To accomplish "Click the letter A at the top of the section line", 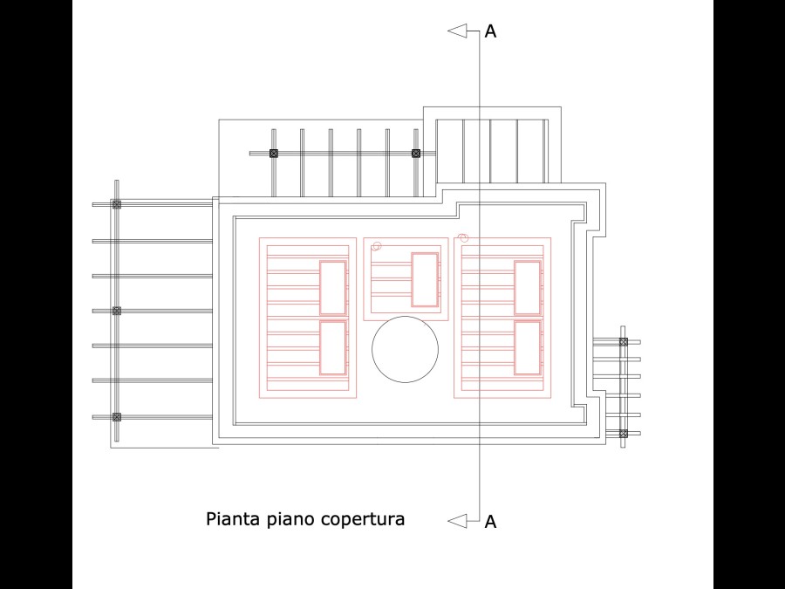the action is (x=490, y=31).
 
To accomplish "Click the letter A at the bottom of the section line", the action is (x=490, y=522).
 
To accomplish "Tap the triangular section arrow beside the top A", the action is (x=457, y=31).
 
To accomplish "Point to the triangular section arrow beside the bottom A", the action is (x=457, y=522).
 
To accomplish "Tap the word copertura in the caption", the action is (x=363, y=520).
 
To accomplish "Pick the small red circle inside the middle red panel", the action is (x=377, y=246).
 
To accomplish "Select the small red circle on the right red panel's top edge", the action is (x=463, y=237).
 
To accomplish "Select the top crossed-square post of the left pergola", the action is (x=117, y=204).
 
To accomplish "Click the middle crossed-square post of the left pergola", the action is (x=117, y=311).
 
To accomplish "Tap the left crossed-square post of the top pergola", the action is (x=273, y=154).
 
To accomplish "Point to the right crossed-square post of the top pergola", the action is (x=415, y=154).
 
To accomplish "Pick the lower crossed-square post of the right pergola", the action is (x=624, y=433).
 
